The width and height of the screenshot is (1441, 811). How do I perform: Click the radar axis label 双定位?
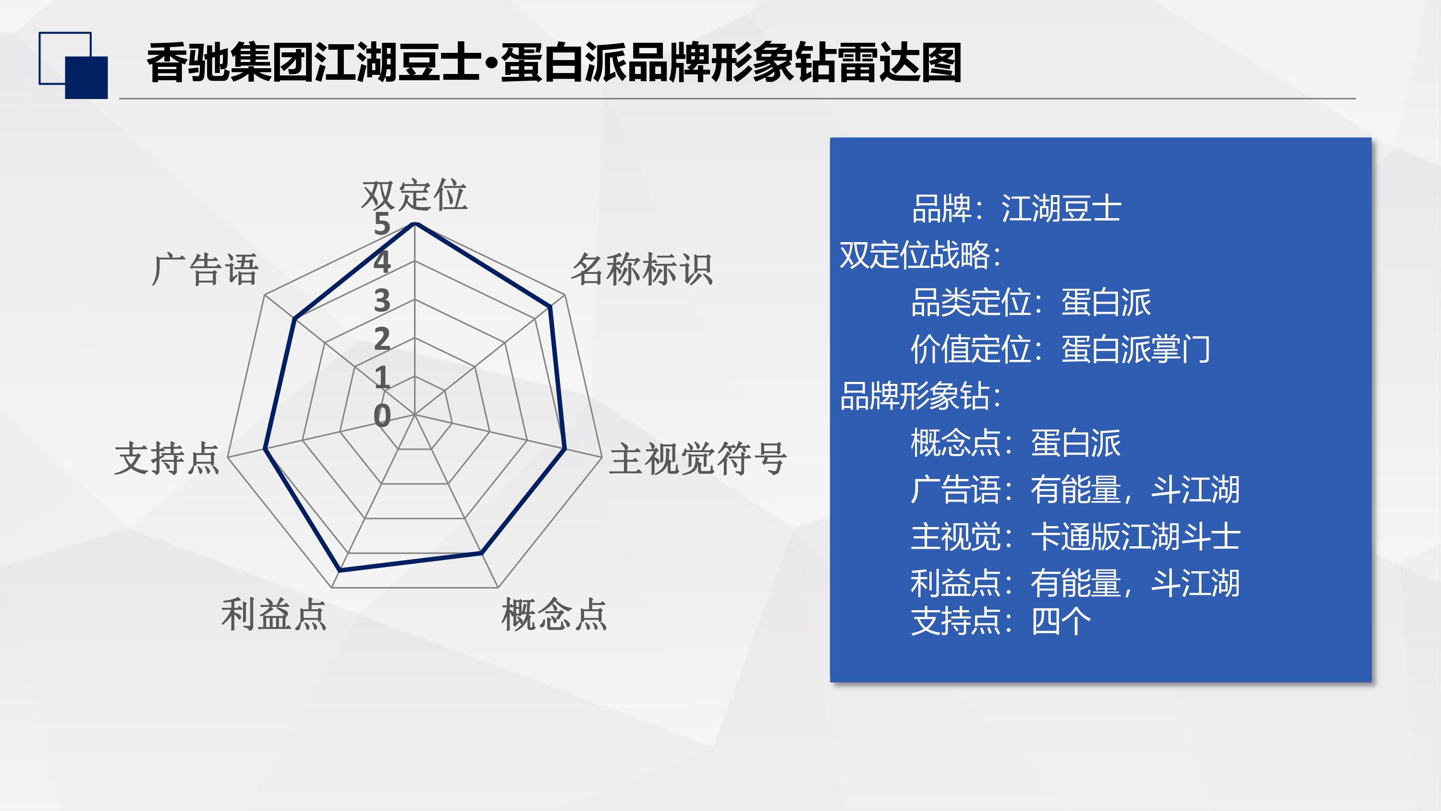click(x=414, y=196)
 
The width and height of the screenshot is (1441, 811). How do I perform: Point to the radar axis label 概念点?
click(x=554, y=614)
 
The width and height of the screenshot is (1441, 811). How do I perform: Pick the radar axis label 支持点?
click(x=167, y=458)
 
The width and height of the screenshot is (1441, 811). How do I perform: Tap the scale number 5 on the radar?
click(x=382, y=224)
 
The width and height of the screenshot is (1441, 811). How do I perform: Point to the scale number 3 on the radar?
click(x=382, y=301)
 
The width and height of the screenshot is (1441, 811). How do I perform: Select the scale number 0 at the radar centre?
click(x=382, y=416)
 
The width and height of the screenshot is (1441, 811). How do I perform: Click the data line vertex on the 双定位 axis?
click(x=415, y=224)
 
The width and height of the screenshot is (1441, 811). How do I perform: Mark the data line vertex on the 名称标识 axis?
click(x=550, y=306)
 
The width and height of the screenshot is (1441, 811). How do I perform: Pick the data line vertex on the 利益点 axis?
click(x=340, y=570)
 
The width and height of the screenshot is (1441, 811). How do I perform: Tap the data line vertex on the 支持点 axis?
click(x=265, y=449)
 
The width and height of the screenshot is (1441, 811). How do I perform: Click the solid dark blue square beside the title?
click(x=87, y=78)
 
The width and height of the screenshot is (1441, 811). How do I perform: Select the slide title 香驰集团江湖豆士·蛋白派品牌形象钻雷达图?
click(x=554, y=62)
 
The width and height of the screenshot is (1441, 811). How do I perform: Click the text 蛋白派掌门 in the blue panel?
click(x=1136, y=349)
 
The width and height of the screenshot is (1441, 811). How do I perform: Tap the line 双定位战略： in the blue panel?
click(x=921, y=255)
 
